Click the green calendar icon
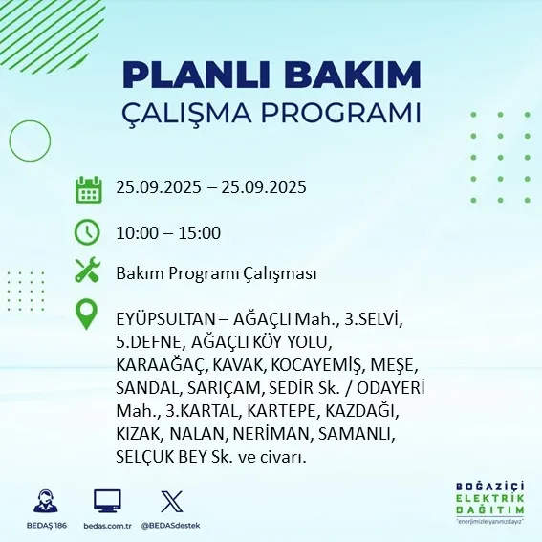pyautogui.click(x=89, y=188)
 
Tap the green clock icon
pyautogui.click(x=88, y=232)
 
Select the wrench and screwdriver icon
pyautogui.click(x=88, y=271)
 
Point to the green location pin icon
pyautogui.click(x=88, y=314)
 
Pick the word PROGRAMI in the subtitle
pyautogui.click(x=343, y=113)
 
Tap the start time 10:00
pyautogui.click(x=136, y=232)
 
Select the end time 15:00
pyautogui.click(x=201, y=232)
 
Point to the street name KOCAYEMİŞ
pyautogui.click(x=312, y=365)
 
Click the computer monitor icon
pyautogui.click(x=107, y=501)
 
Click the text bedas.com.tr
pyautogui.click(x=107, y=526)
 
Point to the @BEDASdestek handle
pyautogui.click(x=173, y=526)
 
